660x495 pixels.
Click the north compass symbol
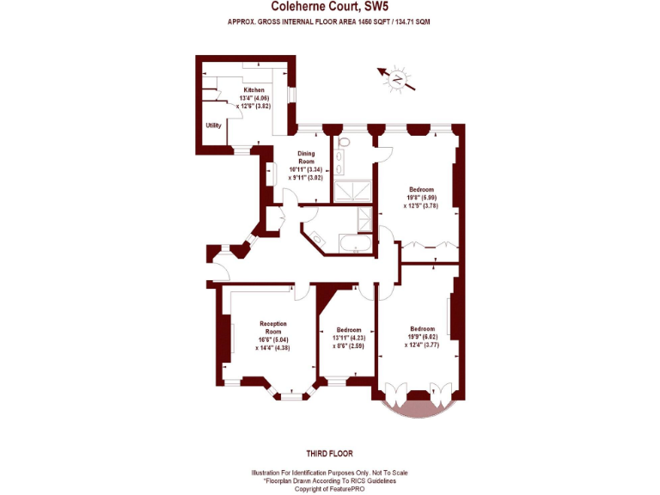pos(398,79)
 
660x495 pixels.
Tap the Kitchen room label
pos(254,89)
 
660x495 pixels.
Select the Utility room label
pos(213,125)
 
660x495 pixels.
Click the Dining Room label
pos(306,156)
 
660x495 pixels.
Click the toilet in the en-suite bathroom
pos(344,143)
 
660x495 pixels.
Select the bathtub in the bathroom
pos(354,245)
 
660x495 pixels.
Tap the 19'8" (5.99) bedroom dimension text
pos(421,198)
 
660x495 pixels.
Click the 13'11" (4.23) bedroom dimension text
pos(348,338)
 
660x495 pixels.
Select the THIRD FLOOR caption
pos(329,453)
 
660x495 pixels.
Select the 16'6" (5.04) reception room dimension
pos(273,339)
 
